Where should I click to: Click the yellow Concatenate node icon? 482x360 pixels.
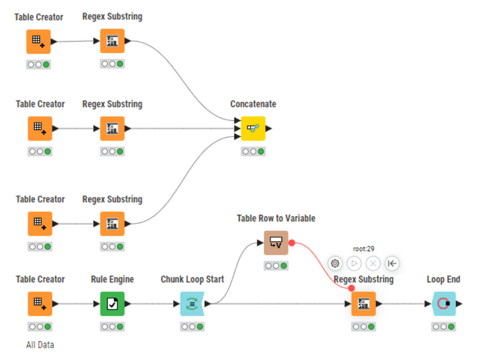pyautogui.click(x=253, y=128)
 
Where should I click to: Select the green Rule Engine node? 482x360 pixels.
pyautogui.click(x=112, y=304)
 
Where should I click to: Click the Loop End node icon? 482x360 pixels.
pyautogui.click(x=443, y=304)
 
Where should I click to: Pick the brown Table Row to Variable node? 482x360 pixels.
pyautogui.click(x=276, y=243)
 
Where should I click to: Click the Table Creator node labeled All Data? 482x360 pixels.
pyautogui.click(x=40, y=304)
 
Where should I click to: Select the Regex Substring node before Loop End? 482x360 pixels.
pyautogui.click(x=364, y=304)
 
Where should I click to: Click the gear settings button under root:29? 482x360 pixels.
pyautogui.click(x=335, y=264)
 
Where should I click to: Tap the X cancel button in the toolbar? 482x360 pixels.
pyautogui.click(x=373, y=264)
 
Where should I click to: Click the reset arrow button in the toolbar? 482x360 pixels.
pyautogui.click(x=392, y=264)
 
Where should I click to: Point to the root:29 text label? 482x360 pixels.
pyautogui.click(x=363, y=249)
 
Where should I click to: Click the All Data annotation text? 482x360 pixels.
pyautogui.click(x=40, y=345)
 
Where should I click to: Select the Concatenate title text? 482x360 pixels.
pyautogui.click(x=253, y=104)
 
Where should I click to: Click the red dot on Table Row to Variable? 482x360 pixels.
pyautogui.click(x=292, y=243)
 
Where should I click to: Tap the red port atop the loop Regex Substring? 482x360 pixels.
pyautogui.click(x=352, y=288)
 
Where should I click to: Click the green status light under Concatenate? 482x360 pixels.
pyautogui.click(x=261, y=151)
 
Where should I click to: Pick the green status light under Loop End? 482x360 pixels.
pyautogui.click(x=451, y=327)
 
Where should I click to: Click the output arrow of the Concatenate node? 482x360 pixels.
pyautogui.click(x=269, y=128)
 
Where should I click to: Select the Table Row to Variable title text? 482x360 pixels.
pyautogui.click(x=276, y=218)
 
